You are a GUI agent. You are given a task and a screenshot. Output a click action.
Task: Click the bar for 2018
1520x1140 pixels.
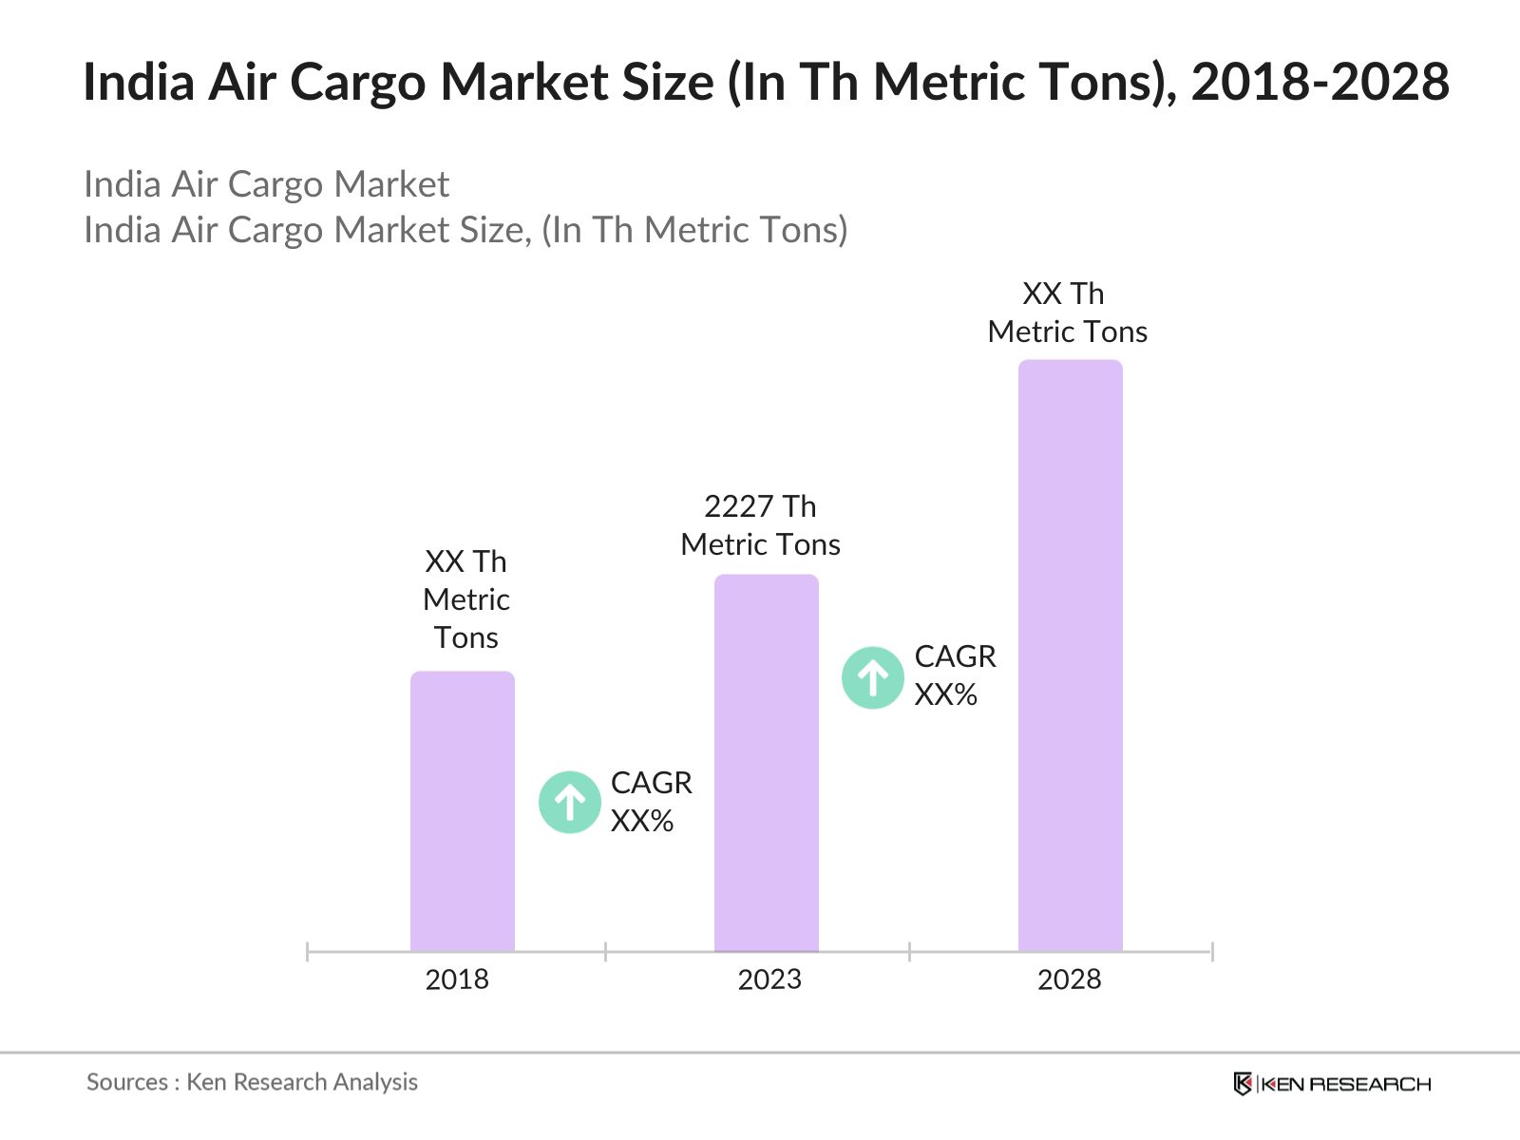tap(463, 812)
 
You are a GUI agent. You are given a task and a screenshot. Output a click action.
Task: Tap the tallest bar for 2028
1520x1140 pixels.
tap(1071, 655)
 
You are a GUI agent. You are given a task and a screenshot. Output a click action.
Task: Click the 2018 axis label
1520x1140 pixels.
tap(457, 979)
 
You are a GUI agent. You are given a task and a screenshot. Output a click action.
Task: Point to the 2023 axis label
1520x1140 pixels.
tap(769, 979)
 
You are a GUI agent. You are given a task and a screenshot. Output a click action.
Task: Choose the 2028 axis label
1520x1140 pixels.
tap(1069, 979)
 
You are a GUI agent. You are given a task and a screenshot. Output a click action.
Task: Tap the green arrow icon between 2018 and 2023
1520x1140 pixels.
tap(570, 802)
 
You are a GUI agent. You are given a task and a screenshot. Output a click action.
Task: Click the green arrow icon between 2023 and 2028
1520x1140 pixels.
tap(873, 677)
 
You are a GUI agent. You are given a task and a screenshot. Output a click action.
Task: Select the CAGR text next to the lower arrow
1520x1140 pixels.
tap(651, 783)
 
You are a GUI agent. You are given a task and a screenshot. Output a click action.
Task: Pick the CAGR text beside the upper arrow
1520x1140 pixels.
tap(955, 656)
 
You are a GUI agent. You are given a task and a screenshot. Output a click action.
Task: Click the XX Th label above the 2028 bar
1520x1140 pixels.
tap(1063, 294)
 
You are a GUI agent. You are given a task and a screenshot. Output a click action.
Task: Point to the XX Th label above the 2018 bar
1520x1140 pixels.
tap(465, 561)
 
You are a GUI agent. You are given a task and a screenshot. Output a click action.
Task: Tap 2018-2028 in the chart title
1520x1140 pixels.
tap(1320, 82)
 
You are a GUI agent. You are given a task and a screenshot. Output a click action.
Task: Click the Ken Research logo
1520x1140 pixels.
tap(1332, 1084)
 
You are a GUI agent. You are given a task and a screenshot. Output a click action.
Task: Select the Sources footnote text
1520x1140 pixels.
tap(252, 1082)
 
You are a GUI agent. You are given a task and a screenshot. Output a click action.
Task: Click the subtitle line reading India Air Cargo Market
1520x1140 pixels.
tap(266, 184)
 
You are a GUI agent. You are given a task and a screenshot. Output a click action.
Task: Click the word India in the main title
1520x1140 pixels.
tap(139, 82)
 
